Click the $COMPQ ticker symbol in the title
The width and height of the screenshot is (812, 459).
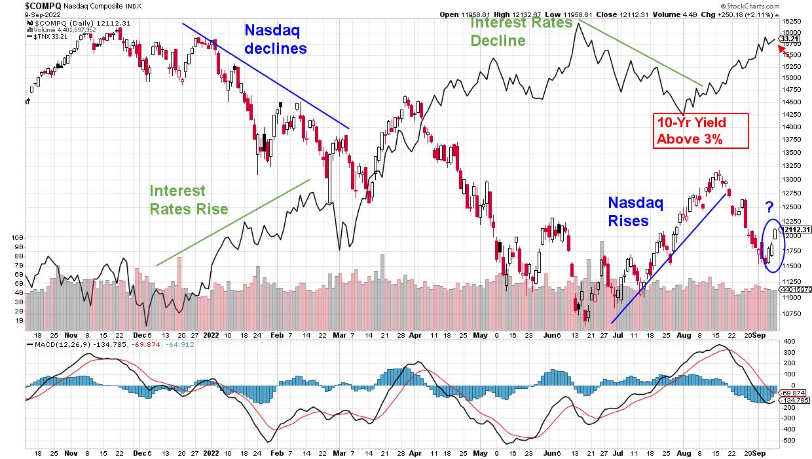point(24,5)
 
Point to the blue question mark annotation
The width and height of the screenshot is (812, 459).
point(770,209)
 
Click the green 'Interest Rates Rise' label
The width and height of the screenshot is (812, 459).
point(189,199)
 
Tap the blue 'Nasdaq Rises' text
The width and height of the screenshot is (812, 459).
point(635,212)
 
